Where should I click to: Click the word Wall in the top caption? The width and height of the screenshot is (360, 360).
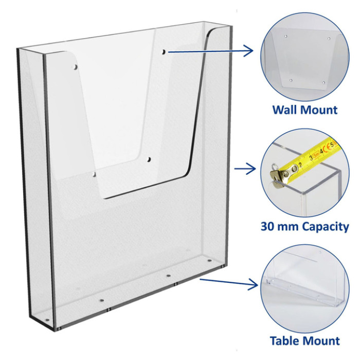[x=285, y=110]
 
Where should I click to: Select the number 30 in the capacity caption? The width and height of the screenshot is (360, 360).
[x=267, y=226]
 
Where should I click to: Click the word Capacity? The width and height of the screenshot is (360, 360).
[x=326, y=227]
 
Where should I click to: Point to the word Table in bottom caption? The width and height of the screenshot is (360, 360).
[x=283, y=340]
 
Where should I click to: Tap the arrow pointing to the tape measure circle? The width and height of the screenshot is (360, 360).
[x=245, y=169]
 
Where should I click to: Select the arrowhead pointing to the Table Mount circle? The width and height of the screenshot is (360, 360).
[x=253, y=284]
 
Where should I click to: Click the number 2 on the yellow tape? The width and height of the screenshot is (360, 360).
[x=300, y=165]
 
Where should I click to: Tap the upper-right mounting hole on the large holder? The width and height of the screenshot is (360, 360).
[x=164, y=52]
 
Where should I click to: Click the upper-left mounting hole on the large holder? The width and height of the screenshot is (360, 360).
[x=75, y=67]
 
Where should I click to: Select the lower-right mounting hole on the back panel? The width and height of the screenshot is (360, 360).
[x=149, y=159]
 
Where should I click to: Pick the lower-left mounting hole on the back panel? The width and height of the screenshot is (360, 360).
[x=94, y=174]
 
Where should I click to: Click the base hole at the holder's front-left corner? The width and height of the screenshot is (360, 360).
[x=47, y=320]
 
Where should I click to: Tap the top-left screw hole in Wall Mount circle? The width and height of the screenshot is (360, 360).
[x=285, y=37]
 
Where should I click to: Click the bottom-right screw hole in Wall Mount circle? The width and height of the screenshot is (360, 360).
[x=323, y=82]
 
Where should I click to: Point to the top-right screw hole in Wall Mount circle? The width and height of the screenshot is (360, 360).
[x=329, y=39]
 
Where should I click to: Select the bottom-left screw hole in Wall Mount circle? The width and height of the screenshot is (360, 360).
[x=291, y=81]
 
